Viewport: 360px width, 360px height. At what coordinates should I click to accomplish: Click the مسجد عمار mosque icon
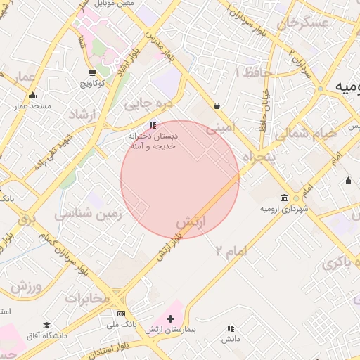[32, 96]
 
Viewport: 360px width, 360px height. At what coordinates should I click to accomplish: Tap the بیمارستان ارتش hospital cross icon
[169, 319]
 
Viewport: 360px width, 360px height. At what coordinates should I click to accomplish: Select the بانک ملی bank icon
[121, 314]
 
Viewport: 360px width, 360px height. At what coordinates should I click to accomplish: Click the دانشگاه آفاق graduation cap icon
[46, 326]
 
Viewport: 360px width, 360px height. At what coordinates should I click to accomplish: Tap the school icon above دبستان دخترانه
[153, 124]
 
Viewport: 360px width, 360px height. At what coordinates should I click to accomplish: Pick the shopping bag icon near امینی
[217, 105]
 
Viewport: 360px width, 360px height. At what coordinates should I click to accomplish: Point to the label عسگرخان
[304, 23]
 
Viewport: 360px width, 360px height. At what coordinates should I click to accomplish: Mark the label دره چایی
[148, 104]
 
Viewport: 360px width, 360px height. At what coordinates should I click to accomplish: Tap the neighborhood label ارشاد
[84, 114]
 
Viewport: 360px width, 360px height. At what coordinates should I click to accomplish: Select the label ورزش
[27, 287]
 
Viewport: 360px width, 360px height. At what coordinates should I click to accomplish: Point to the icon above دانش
[230, 328]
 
